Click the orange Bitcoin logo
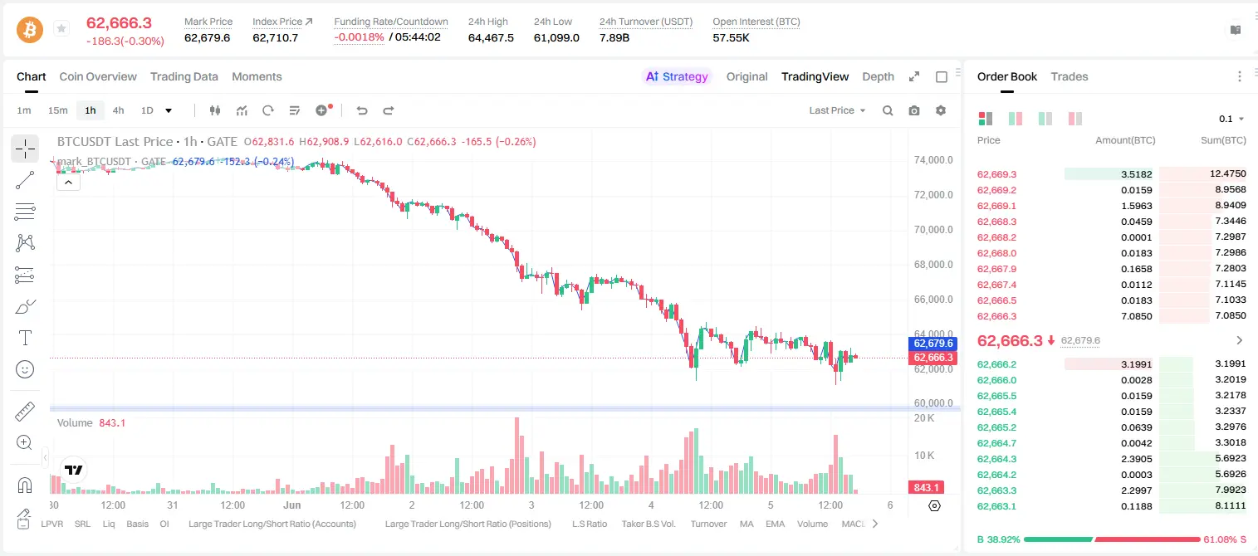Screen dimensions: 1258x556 pyautogui.click(x=30, y=30)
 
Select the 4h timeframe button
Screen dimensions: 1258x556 pyautogui.click(x=118, y=110)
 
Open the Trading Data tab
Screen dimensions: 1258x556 pyautogui.click(x=184, y=76)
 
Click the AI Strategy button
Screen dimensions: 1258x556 pyautogui.click(x=677, y=76)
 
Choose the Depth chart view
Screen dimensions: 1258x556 pyautogui.click(x=878, y=76)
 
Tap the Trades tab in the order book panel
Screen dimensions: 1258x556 pyautogui.click(x=1070, y=76)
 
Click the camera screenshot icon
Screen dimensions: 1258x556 pyautogui.click(x=914, y=110)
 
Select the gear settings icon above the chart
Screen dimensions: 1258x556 pyautogui.click(x=941, y=110)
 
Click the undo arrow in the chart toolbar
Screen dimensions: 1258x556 pyautogui.click(x=362, y=110)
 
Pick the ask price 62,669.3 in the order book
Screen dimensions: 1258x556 pyautogui.click(x=997, y=174)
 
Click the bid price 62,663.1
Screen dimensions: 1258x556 pyautogui.click(x=997, y=506)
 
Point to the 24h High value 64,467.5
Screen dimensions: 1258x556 pyautogui.click(x=491, y=37)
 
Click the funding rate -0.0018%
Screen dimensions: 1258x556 pyautogui.click(x=359, y=37)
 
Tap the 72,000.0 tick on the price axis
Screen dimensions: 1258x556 pyautogui.click(x=933, y=195)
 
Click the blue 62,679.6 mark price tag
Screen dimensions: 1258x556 pyautogui.click(x=932, y=344)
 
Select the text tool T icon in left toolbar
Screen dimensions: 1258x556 pyautogui.click(x=25, y=338)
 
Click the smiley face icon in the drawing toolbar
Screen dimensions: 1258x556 pyautogui.click(x=25, y=369)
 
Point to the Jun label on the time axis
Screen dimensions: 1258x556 pyautogui.click(x=292, y=505)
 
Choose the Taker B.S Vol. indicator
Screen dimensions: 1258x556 pyautogui.click(x=648, y=524)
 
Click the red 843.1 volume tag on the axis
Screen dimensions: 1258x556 pyautogui.click(x=926, y=488)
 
